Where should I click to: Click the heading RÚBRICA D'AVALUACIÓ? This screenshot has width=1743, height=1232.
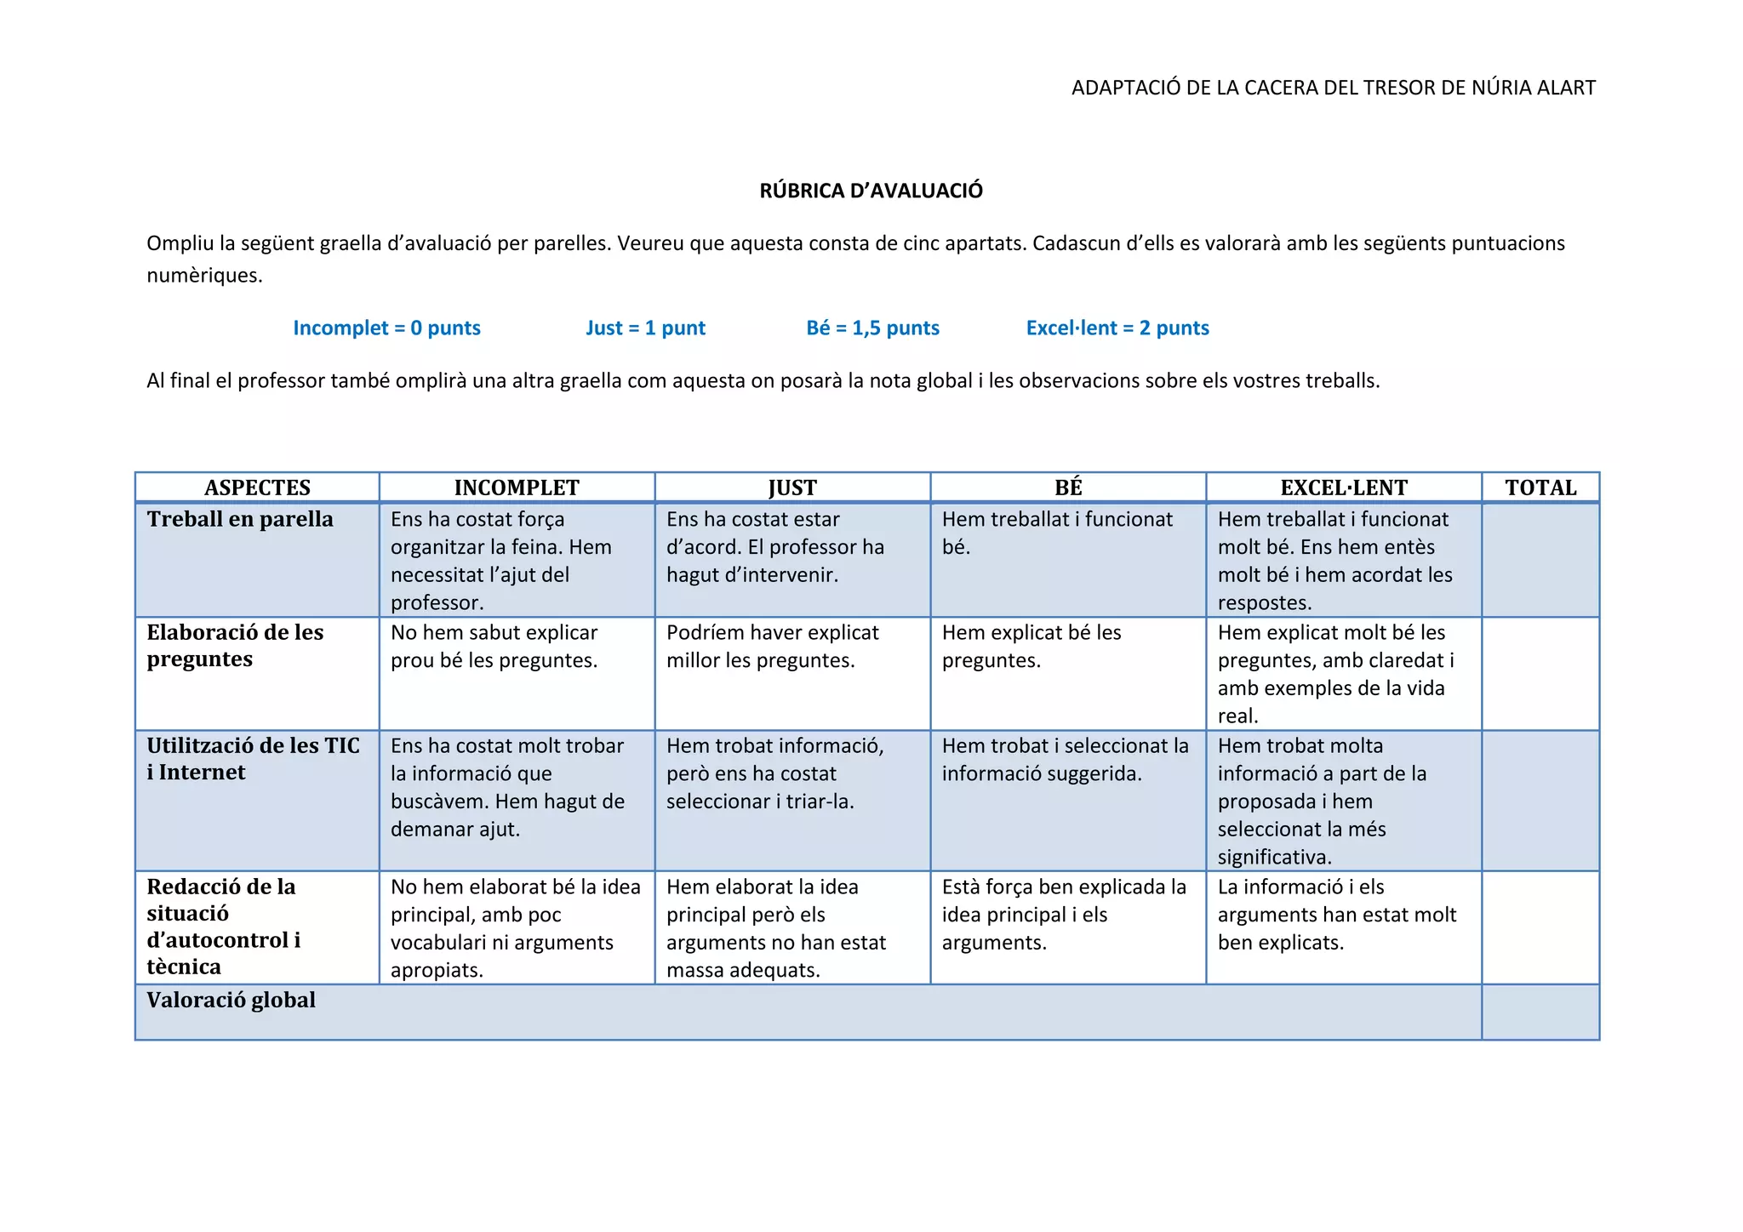click(x=871, y=191)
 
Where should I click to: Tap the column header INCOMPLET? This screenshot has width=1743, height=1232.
click(x=517, y=488)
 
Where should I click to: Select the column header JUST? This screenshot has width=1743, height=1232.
click(x=792, y=488)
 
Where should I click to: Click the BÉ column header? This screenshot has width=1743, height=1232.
click(x=1068, y=488)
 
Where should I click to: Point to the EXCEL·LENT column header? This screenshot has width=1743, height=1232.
click(x=1344, y=488)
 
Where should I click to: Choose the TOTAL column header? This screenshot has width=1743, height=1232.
click(x=1540, y=488)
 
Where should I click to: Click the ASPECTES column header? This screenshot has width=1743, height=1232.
click(x=257, y=488)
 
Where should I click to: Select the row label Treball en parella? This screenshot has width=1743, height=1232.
click(x=240, y=519)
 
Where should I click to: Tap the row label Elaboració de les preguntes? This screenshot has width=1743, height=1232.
click(x=235, y=646)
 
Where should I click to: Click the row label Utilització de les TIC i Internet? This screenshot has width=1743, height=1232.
click(x=253, y=759)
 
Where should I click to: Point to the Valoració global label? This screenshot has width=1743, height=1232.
click(x=231, y=1000)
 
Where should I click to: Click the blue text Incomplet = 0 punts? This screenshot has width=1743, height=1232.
click(x=386, y=328)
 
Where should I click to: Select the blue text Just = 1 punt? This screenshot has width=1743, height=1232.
click(x=645, y=328)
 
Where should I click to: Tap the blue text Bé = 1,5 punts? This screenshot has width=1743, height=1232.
click(x=872, y=328)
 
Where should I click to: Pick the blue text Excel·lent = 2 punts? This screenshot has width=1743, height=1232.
click(x=1117, y=328)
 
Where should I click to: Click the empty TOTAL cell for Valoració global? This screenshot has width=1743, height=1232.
click(x=1540, y=1012)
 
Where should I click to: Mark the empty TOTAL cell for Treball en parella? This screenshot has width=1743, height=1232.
click(x=1540, y=560)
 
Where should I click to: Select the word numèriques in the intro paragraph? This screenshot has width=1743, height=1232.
click(x=204, y=276)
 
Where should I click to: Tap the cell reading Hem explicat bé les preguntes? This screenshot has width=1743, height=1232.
click(x=1032, y=646)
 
